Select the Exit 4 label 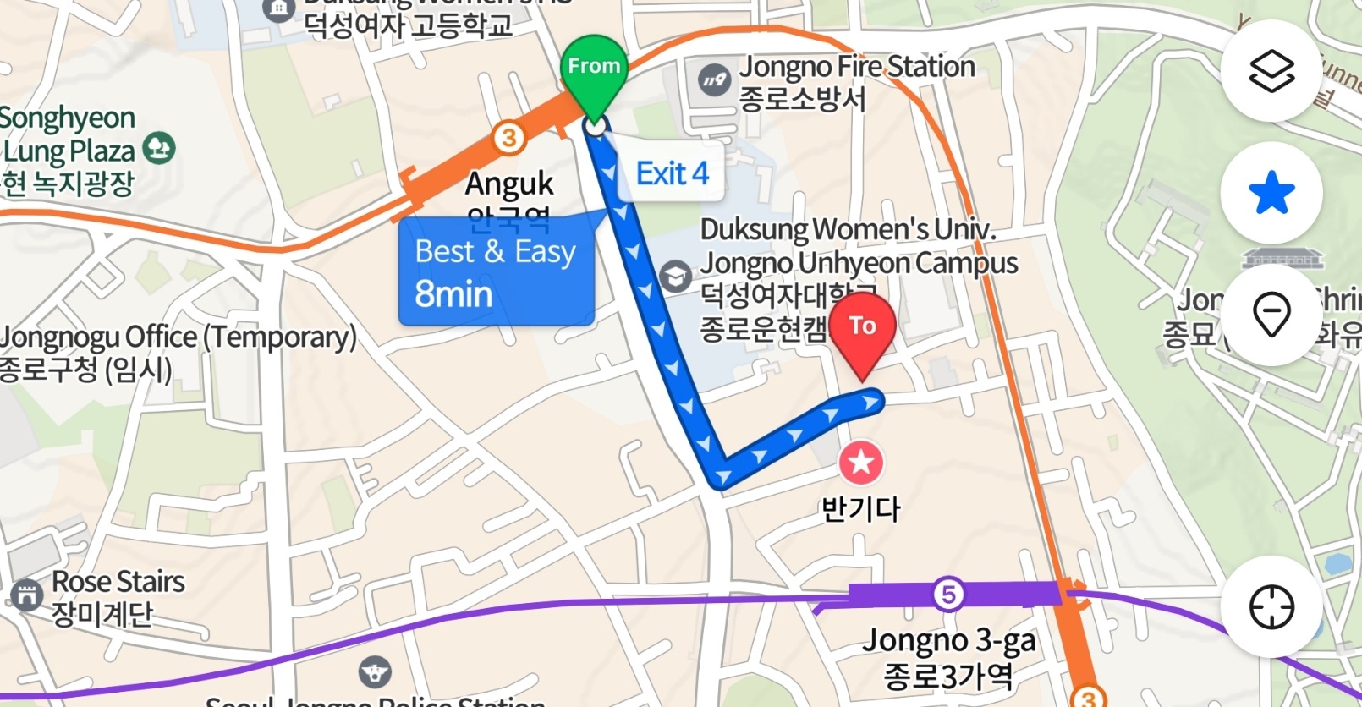click(672, 173)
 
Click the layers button click(1271, 71)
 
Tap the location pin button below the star click(1271, 315)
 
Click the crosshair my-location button click(1271, 606)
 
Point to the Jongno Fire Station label click(856, 67)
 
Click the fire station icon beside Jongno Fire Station click(714, 80)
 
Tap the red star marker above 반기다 click(861, 463)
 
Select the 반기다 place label click(860, 509)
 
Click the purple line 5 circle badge click(948, 594)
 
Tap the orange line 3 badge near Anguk click(508, 137)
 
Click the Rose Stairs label click(118, 582)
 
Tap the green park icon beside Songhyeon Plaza click(159, 149)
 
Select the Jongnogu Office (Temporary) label click(178, 337)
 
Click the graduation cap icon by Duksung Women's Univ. click(675, 277)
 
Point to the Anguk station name click(509, 184)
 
